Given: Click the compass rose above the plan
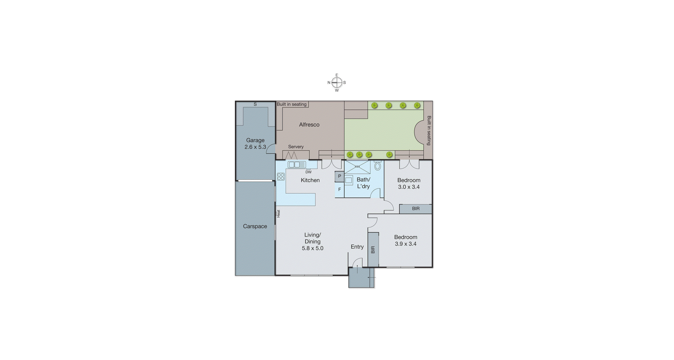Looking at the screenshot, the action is pyautogui.click(x=337, y=83).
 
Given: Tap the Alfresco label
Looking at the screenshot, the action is pyautogui.click(x=309, y=125).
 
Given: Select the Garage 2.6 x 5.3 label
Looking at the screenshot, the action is pyautogui.click(x=255, y=143).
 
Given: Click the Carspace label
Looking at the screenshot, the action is pyautogui.click(x=255, y=226).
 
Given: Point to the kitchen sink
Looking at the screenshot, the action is pyautogui.click(x=297, y=165).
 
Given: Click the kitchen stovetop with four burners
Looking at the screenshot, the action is pyautogui.click(x=281, y=177).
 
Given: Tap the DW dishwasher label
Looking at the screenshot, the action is pyautogui.click(x=308, y=172).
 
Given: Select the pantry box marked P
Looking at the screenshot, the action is pyautogui.click(x=340, y=177).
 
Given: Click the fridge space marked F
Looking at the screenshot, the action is pyautogui.click(x=340, y=190).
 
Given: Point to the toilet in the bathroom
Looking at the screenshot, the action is pyautogui.click(x=378, y=165).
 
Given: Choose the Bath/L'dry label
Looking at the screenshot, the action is pyautogui.click(x=363, y=183).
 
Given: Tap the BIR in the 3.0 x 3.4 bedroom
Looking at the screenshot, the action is pyautogui.click(x=416, y=209).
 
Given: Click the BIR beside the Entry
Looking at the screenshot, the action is pyautogui.click(x=373, y=250).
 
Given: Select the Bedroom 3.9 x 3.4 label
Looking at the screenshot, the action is pyautogui.click(x=406, y=241).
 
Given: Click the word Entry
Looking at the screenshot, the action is pyautogui.click(x=357, y=247).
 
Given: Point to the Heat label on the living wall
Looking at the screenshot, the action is pyautogui.click(x=278, y=214).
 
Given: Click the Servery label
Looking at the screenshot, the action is pyautogui.click(x=296, y=147).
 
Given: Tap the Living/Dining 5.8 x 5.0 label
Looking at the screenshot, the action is pyautogui.click(x=313, y=242).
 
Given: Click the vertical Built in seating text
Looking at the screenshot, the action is pyautogui.click(x=429, y=131).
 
